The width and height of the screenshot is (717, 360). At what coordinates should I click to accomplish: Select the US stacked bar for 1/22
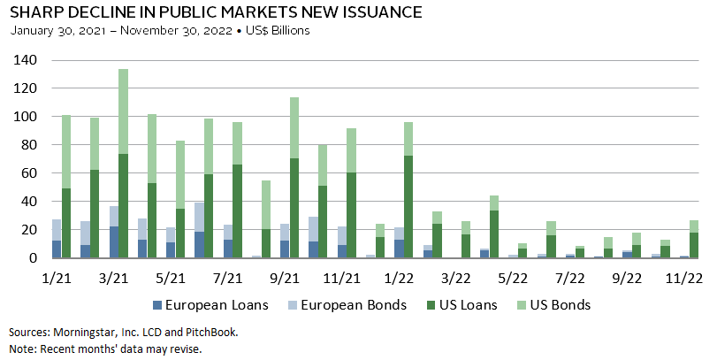coord(409,190)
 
